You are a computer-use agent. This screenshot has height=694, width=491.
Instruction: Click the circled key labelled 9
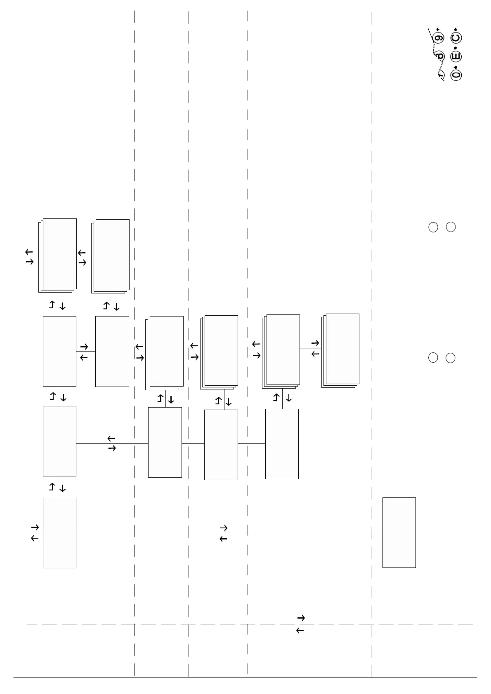click(x=439, y=38)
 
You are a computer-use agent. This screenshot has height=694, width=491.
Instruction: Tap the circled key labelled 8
click(x=440, y=56)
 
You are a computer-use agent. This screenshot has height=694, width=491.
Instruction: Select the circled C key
click(x=456, y=38)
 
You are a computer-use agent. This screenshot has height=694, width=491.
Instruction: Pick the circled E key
click(x=456, y=56)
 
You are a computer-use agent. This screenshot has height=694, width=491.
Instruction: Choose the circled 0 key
click(x=456, y=75)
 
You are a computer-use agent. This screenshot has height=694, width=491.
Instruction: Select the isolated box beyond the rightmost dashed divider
click(x=399, y=532)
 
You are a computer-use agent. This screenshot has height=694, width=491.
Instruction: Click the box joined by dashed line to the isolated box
click(x=59, y=533)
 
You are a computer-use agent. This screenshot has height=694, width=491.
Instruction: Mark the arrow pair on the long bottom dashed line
click(x=300, y=624)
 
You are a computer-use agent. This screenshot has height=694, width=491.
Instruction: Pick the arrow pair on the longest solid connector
click(x=111, y=443)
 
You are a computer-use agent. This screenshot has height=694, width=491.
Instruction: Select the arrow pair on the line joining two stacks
click(x=315, y=349)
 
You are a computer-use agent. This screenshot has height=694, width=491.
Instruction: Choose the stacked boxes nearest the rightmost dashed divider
click(x=341, y=350)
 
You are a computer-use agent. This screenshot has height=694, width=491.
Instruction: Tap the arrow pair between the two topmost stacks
click(x=82, y=258)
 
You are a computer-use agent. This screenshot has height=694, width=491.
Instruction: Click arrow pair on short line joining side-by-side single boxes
click(x=84, y=352)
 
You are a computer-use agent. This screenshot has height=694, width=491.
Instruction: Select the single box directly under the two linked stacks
click(x=282, y=444)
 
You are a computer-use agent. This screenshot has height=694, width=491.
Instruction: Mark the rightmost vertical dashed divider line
click(x=371, y=330)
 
